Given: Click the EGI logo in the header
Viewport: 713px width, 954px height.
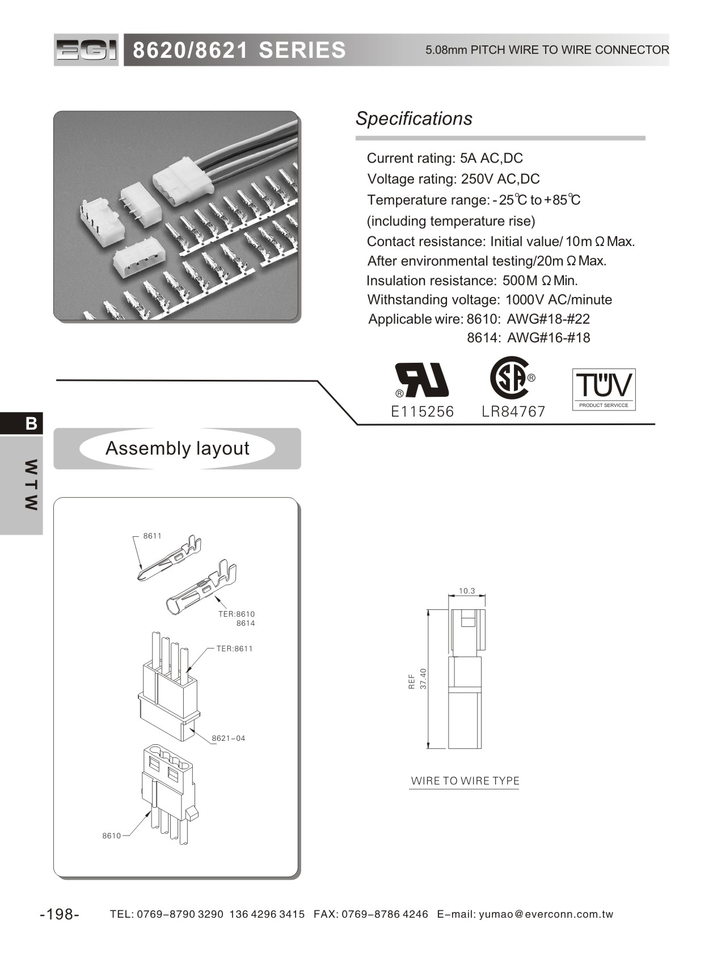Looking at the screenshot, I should (x=86, y=50).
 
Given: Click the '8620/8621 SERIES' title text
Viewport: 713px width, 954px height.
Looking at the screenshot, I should (x=239, y=50).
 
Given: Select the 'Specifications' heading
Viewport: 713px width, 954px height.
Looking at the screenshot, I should (x=414, y=118).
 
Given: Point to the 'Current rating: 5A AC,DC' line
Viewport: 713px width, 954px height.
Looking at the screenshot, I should (x=445, y=158).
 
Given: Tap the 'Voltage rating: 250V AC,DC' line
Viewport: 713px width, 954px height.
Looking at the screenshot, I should (x=453, y=179).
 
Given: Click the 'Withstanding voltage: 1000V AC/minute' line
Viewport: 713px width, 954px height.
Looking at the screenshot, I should (x=490, y=299).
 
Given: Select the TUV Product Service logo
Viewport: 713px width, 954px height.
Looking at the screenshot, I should (x=604, y=389).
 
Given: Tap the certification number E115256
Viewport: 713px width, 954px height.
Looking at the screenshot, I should (x=423, y=412).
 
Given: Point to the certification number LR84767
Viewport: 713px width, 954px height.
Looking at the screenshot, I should (x=513, y=412).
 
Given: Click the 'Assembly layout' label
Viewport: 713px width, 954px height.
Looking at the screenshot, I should (x=177, y=448).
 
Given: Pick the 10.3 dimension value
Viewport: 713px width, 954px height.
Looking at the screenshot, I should (x=467, y=591).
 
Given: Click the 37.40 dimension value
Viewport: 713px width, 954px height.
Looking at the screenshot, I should (x=423, y=679).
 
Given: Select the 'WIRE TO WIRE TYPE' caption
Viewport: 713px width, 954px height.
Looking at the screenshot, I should (x=465, y=781).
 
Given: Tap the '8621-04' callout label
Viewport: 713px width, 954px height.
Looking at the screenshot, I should (x=229, y=738).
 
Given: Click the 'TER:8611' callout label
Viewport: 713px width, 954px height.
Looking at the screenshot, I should (x=234, y=648).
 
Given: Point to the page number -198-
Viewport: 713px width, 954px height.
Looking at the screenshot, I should (x=60, y=914).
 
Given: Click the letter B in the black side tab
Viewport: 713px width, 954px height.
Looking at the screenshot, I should (x=31, y=423).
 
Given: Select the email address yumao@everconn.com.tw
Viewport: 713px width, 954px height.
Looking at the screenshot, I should (x=546, y=914).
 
